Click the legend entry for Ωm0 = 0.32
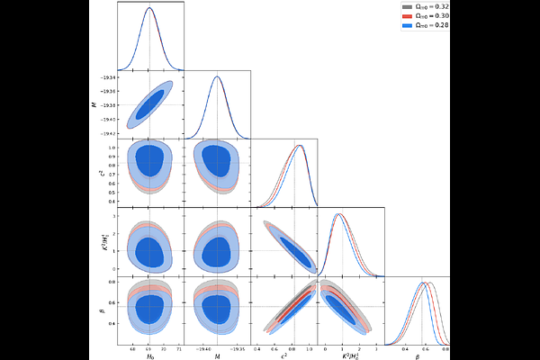[423, 6]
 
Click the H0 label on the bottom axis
[149, 356]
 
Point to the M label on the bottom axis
[217, 356]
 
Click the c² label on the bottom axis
[283, 356]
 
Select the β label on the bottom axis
[418, 356]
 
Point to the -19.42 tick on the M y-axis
[109, 132]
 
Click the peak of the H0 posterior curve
[149, 8]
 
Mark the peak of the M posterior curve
[217, 76]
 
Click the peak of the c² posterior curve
[298, 146]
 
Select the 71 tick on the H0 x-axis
[179, 348]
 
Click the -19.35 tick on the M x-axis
[238, 348]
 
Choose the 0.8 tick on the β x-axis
[444, 348]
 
